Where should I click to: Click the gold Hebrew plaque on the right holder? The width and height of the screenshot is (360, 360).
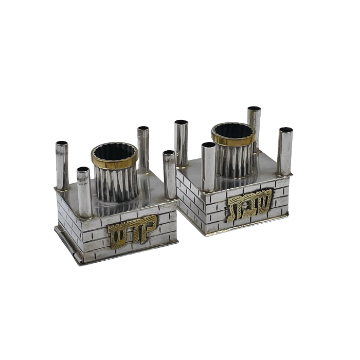[249, 205]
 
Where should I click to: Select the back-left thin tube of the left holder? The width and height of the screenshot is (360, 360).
[62, 166]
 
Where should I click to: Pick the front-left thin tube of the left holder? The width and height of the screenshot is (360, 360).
[84, 192]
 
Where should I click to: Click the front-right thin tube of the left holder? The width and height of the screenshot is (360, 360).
[170, 174]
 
